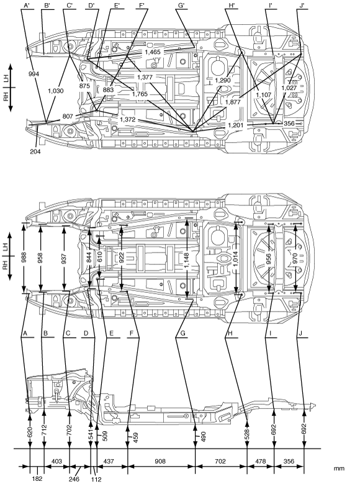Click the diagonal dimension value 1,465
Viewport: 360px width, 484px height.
153,52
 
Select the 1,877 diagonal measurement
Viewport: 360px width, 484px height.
233,102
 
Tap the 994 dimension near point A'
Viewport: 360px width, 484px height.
34,74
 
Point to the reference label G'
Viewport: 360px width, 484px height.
181,5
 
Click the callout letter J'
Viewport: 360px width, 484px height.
302,5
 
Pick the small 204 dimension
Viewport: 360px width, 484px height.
35,151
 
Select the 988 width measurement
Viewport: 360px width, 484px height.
24,258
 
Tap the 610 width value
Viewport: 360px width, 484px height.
99,258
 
